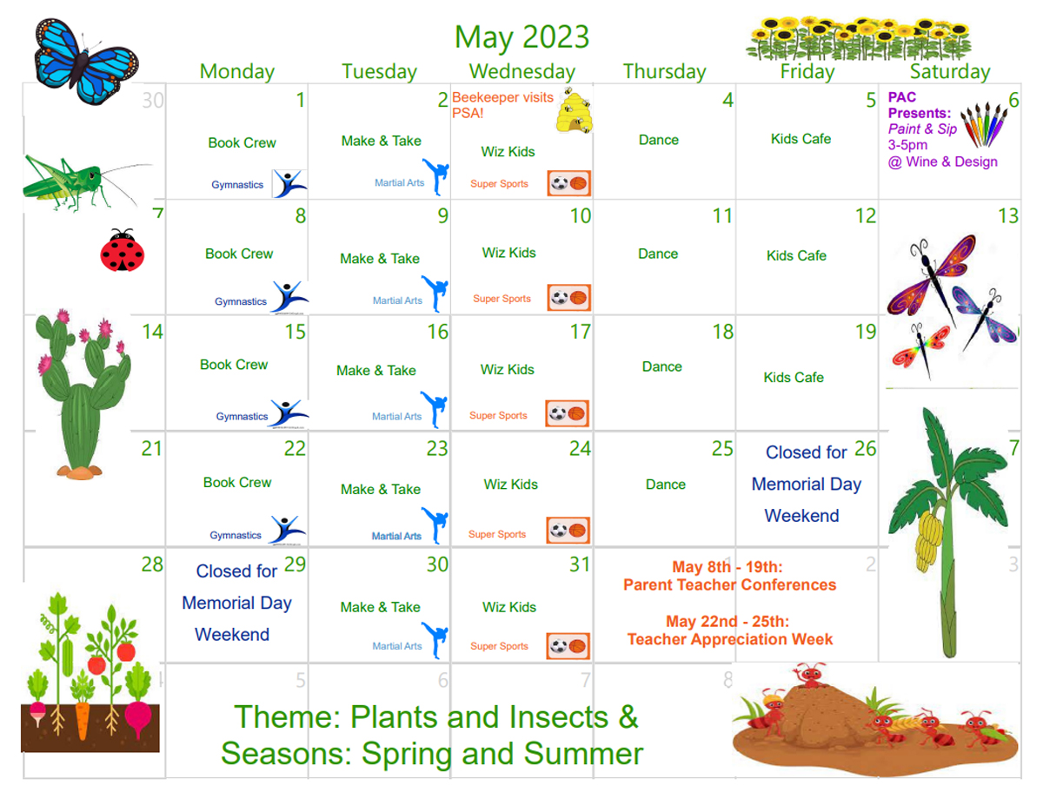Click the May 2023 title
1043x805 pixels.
(x=521, y=37)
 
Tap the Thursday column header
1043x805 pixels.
(x=664, y=72)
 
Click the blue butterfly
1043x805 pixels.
(x=86, y=61)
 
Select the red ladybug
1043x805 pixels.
(x=123, y=250)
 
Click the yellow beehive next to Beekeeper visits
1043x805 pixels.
(x=575, y=111)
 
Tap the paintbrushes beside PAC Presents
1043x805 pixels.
(x=984, y=123)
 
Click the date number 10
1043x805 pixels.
(x=581, y=216)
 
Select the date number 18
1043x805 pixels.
(x=723, y=332)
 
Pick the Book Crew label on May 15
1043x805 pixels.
(x=234, y=365)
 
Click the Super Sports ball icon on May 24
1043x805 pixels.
(x=568, y=531)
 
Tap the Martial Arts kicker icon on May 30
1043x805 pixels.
(x=435, y=640)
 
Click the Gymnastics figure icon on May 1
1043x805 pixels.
(x=289, y=183)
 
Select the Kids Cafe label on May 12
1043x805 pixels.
(x=796, y=255)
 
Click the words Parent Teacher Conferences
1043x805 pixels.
(x=729, y=585)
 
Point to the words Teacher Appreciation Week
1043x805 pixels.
(x=729, y=639)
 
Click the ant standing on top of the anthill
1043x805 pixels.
(x=810, y=676)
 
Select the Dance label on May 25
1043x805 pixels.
(x=665, y=485)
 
